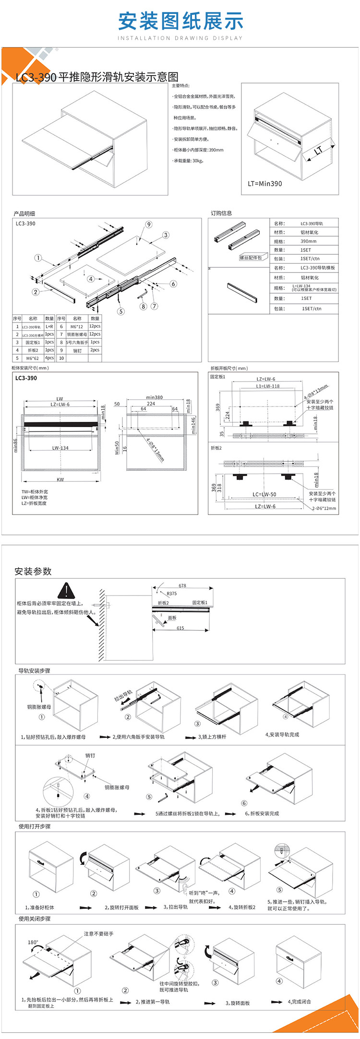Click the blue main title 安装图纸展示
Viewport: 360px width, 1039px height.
click(180, 22)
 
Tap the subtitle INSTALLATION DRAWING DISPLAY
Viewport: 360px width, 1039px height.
click(180, 38)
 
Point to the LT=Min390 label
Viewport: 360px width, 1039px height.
click(265, 183)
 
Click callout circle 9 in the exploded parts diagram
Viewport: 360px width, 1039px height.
click(149, 224)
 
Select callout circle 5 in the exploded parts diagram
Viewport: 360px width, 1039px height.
click(121, 311)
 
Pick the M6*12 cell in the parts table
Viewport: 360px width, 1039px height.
click(77, 326)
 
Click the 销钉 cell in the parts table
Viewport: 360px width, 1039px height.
click(77, 350)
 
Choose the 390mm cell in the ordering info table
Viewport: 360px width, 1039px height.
click(308, 241)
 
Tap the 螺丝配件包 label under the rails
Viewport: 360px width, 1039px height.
click(251, 258)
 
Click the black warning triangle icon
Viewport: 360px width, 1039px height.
click(65, 591)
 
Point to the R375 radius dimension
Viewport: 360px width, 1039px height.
click(171, 594)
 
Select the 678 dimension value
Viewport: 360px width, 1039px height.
click(182, 585)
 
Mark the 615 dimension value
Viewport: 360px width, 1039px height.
click(180, 628)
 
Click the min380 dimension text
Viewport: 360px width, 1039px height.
click(155, 397)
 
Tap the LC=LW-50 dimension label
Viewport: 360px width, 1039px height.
click(264, 494)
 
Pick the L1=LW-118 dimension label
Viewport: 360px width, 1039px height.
click(267, 386)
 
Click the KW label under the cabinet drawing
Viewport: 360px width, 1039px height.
click(60, 479)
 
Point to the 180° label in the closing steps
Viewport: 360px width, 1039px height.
click(33, 942)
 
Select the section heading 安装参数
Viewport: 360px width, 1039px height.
click(33, 571)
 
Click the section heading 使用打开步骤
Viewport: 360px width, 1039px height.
click(35, 826)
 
